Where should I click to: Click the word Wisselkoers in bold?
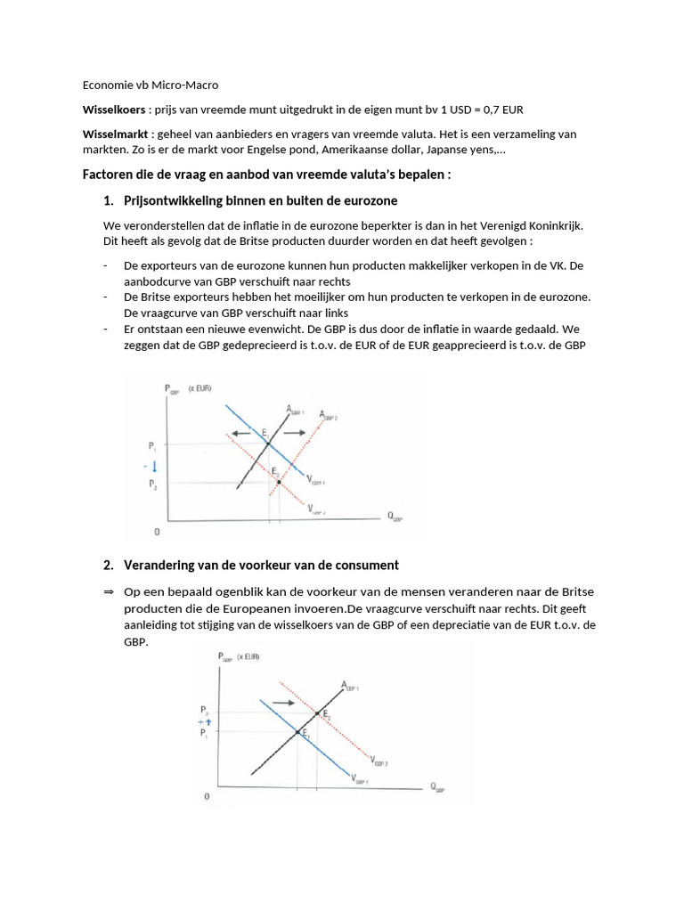click(114, 110)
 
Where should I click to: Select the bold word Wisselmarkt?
click(115, 134)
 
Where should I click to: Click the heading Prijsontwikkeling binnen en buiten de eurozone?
click(260, 201)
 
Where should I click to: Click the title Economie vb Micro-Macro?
click(150, 85)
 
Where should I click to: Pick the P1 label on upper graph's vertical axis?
click(152, 444)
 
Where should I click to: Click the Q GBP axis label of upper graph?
click(394, 517)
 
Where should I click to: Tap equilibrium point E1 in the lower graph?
click(297, 732)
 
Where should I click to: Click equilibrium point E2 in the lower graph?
click(318, 712)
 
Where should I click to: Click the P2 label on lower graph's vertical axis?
click(204, 711)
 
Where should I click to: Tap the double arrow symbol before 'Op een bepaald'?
click(109, 592)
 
